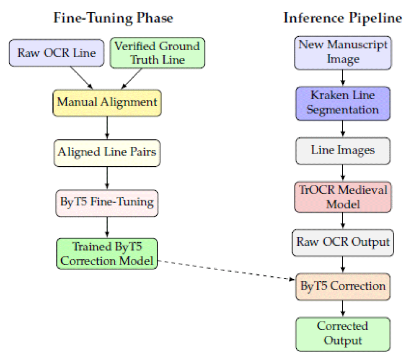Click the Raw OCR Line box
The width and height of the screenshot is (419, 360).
(57, 53)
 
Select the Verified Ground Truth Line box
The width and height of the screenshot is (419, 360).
(158, 53)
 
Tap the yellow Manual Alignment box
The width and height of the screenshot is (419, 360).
(107, 103)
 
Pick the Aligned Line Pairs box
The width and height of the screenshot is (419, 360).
(107, 153)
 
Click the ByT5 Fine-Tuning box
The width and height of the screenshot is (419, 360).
(107, 203)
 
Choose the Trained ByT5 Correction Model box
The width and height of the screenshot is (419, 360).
(107, 253)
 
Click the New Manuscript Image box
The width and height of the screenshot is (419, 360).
(343, 53)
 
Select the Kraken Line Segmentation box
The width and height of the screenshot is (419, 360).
(343, 103)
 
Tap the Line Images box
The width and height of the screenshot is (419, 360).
(343, 151)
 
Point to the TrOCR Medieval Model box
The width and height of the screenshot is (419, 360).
(343, 197)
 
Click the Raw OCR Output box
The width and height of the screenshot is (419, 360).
(343, 243)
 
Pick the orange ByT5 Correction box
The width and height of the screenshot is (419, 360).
(343, 287)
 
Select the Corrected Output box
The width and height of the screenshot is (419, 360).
(343, 334)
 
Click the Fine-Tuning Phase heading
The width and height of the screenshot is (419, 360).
(113, 18)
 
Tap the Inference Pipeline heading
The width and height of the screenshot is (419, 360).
(343, 18)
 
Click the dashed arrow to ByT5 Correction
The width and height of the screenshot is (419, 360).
(226, 270)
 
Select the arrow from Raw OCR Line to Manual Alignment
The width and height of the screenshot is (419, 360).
(82, 78)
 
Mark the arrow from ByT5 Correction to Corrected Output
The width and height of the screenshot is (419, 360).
(343, 309)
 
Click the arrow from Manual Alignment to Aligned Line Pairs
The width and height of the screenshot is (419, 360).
(107, 128)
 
